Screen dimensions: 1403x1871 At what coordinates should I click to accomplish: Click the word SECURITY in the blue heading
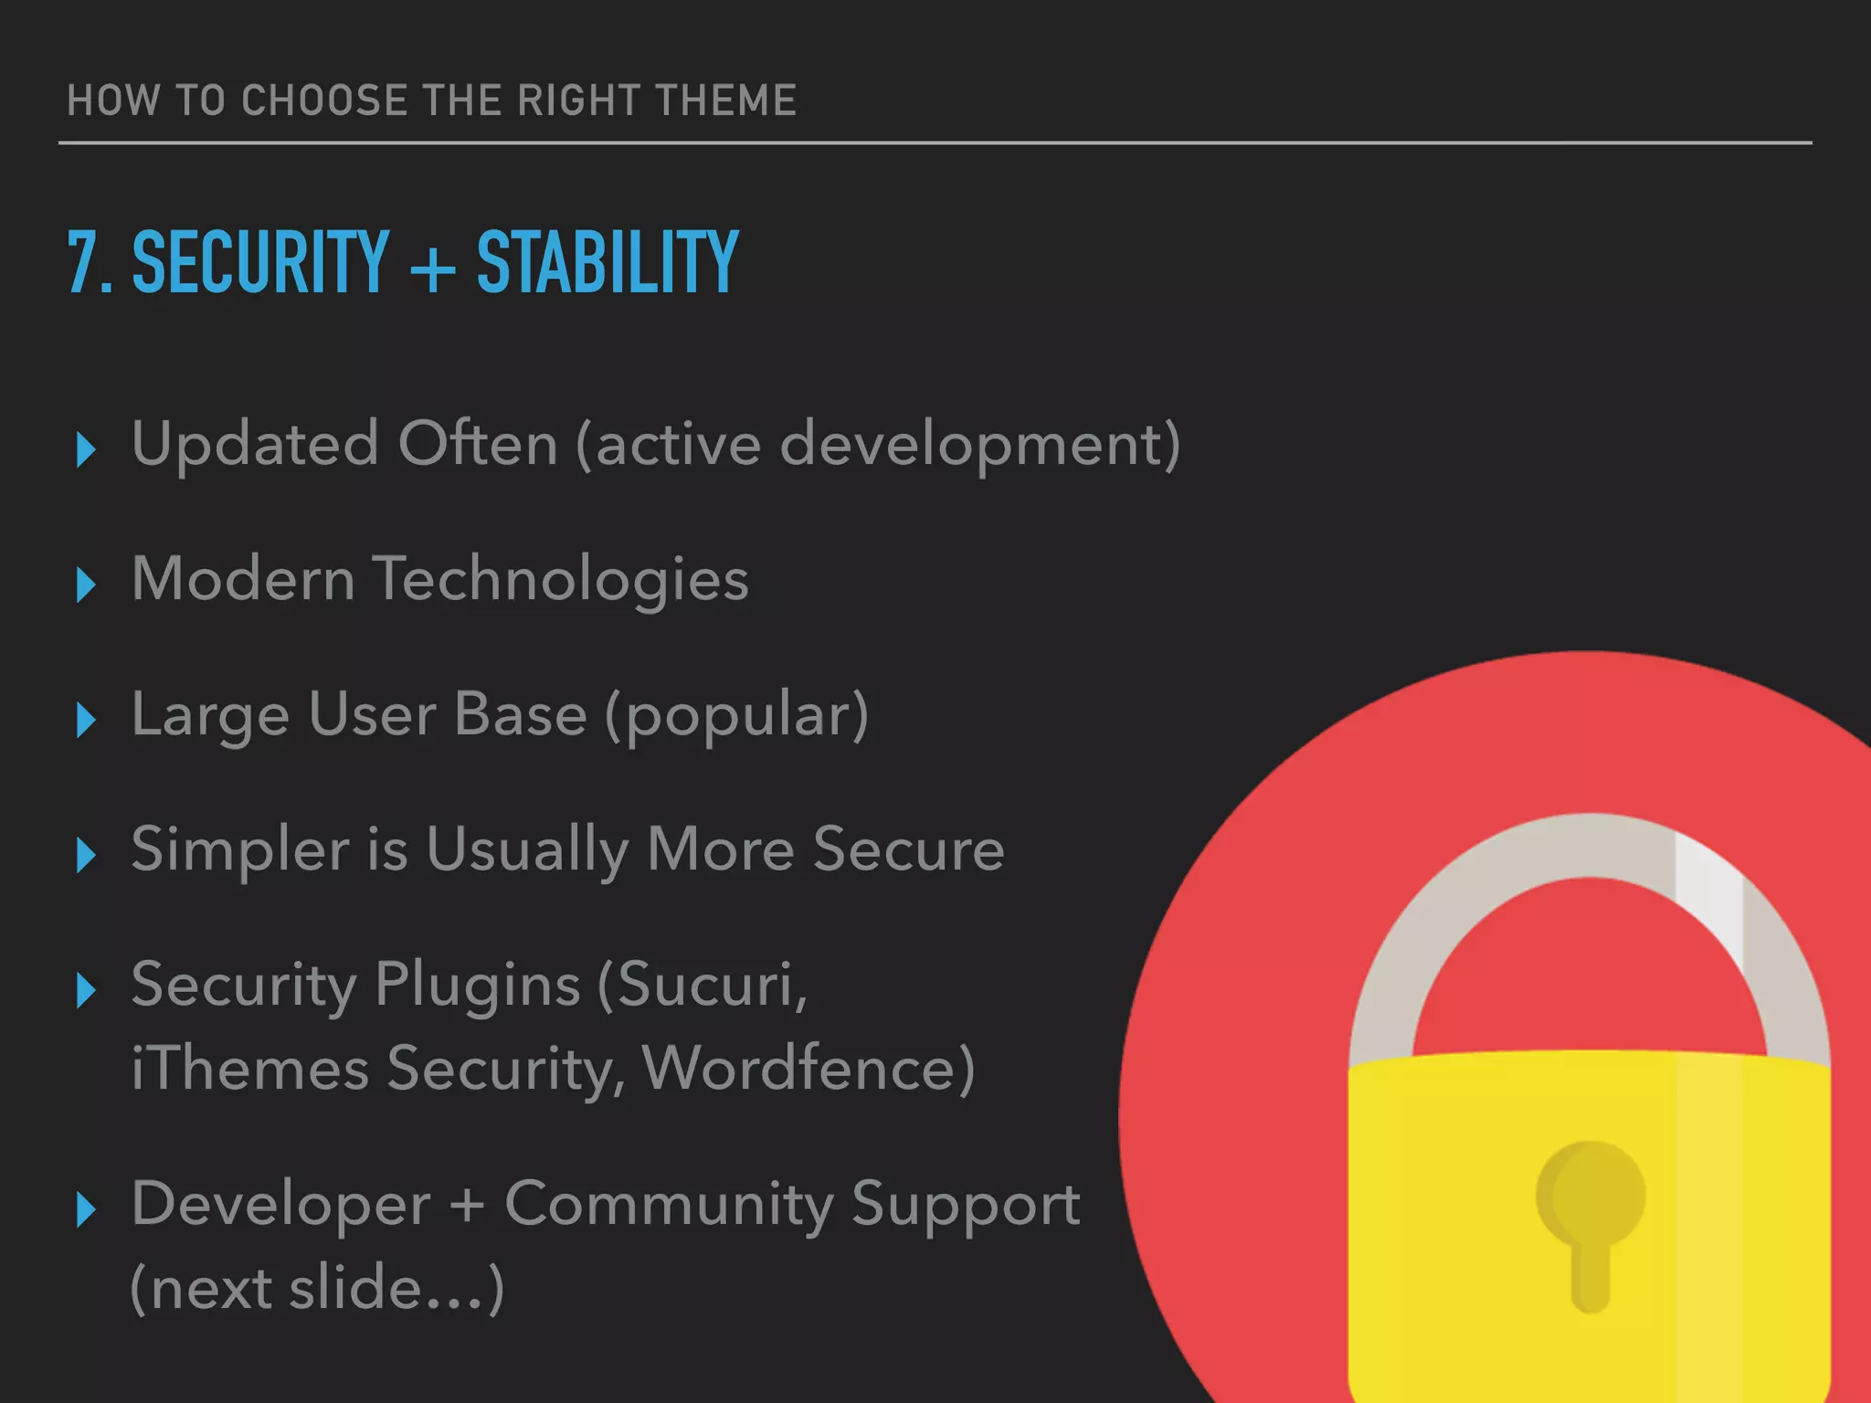[261, 262]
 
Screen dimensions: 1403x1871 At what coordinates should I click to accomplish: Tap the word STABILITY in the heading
[608, 262]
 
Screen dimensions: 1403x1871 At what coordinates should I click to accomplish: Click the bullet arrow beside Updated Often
[87, 449]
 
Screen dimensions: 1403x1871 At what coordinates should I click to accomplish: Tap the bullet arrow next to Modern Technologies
[87, 585]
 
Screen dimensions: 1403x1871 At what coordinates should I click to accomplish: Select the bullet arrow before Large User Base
[87, 720]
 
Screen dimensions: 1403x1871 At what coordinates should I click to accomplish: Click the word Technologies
[561, 581]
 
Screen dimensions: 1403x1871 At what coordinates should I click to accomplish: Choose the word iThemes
[249, 1069]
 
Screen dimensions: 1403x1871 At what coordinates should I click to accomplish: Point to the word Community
[669, 1205]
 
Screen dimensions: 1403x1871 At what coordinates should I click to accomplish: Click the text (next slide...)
[317, 1289]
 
